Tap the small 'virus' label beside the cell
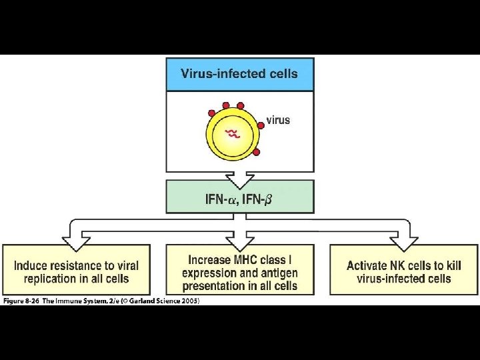[x=278, y=120]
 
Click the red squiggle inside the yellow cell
[x=232, y=134]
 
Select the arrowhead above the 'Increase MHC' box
[x=240, y=237]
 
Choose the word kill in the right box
[x=453, y=265]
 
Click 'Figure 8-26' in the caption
[x=21, y=301]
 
